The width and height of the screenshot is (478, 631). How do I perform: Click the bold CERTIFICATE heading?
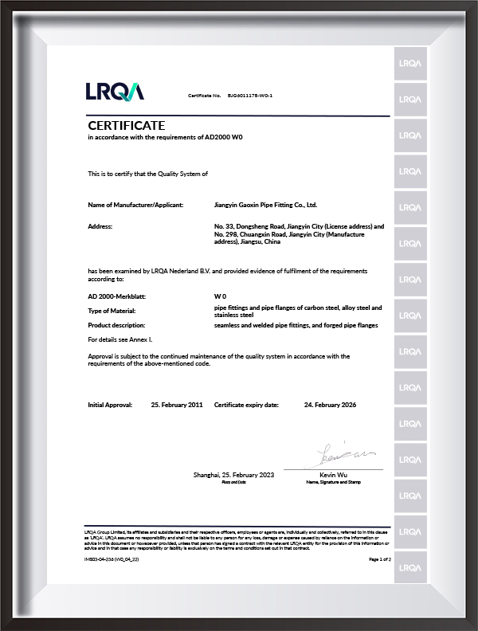126,126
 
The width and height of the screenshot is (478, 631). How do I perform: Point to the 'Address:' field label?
100,227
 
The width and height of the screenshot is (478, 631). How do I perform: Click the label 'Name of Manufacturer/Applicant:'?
135,206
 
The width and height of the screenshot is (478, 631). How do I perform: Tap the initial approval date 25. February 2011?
177,405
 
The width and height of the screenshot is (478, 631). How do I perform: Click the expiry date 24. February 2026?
330,405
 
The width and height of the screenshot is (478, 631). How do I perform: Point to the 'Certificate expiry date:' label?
246,405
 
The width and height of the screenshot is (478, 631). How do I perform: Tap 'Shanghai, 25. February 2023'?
233,475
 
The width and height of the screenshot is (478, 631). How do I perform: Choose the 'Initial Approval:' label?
110,405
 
